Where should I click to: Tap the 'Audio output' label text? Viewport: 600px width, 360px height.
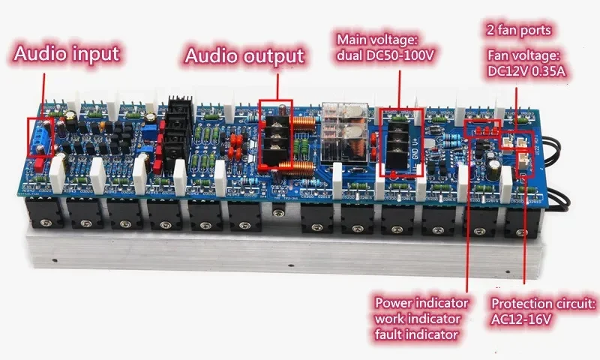point(244,55)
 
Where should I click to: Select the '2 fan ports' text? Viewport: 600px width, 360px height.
point(520,31)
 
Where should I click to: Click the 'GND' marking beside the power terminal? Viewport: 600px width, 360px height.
point(417,148)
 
